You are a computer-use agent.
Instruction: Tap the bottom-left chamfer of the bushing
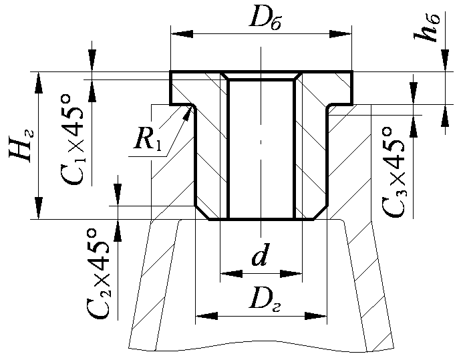point(202,212)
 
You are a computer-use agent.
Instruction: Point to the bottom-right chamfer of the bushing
point(321,212)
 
